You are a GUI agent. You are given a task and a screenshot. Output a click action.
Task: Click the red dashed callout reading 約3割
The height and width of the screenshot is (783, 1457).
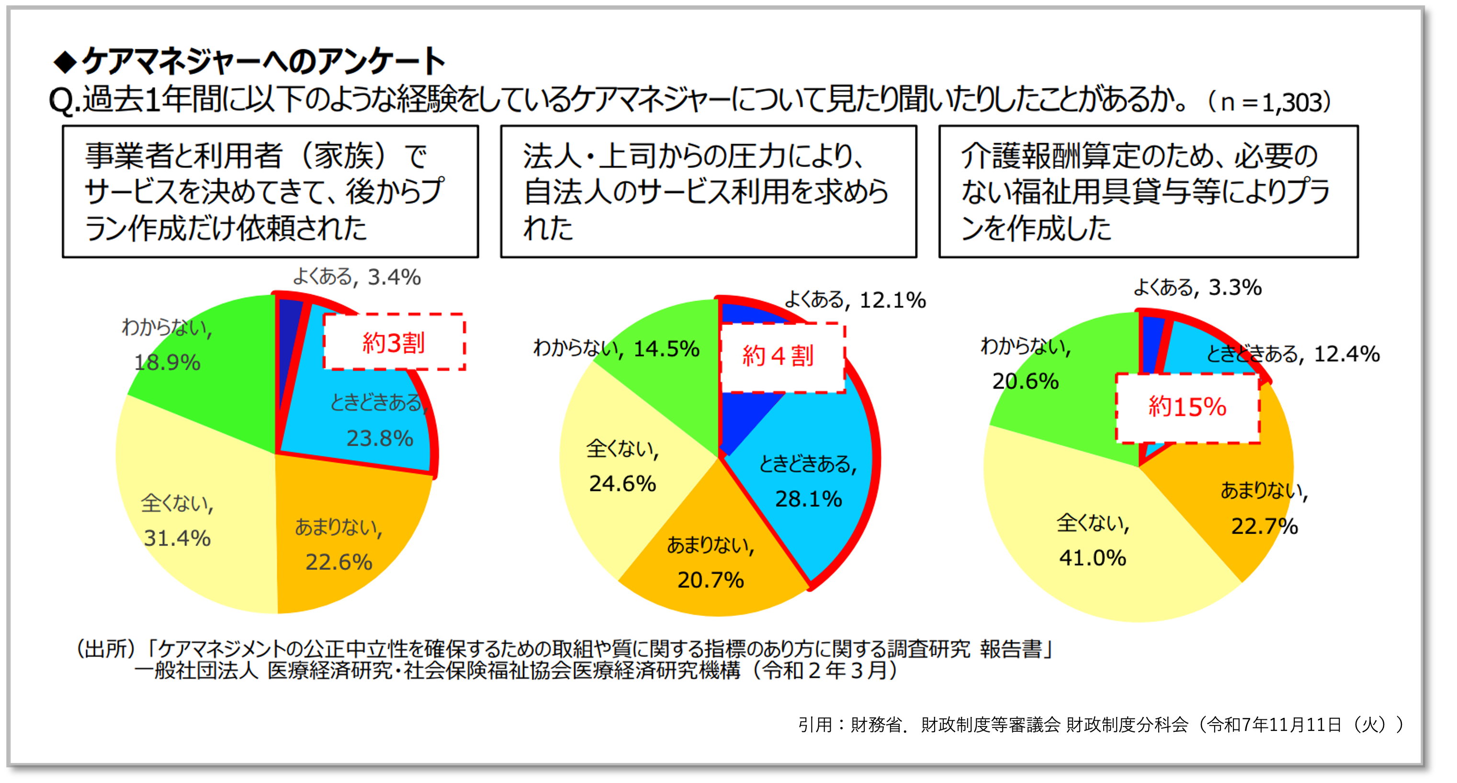pos(394,342)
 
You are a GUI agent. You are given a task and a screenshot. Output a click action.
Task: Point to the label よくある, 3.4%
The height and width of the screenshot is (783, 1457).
pos(356,277)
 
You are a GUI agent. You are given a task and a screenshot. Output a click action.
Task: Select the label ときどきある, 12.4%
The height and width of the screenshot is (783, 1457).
pos(1293,354)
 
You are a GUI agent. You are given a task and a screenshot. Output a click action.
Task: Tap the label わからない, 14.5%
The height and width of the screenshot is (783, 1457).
pos(617,348)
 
